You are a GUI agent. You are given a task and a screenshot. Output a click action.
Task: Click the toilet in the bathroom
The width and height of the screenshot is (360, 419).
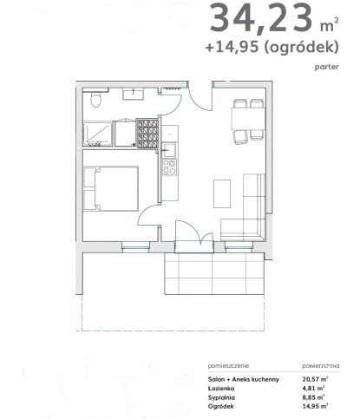[95, 100]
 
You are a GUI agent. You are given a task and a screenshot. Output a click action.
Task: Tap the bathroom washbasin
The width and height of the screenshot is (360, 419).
[133, 95]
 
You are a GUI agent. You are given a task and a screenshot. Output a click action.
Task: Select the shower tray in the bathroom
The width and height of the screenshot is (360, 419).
[98, 134]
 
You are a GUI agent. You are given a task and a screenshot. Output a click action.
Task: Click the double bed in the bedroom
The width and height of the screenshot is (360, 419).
[111, 188]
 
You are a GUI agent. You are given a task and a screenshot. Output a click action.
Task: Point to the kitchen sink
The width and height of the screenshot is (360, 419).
[168, 150]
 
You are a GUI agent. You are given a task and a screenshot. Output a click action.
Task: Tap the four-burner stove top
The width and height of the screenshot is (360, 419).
[169, 167]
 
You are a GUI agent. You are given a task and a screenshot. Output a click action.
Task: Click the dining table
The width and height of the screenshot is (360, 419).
[248, 119]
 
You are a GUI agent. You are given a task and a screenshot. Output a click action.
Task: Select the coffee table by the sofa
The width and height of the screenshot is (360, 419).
[222, 193]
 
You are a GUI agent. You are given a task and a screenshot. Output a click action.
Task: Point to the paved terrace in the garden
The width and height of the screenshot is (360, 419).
[214, 273]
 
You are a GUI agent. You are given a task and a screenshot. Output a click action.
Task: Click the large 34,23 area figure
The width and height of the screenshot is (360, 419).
[261, 18]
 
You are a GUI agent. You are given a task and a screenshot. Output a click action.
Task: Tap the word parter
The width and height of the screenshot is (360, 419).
[327, 67]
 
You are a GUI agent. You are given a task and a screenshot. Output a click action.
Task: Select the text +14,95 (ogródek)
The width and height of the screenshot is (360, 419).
[272, 47]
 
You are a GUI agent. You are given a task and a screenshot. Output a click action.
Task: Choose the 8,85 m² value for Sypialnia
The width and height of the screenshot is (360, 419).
[313, 397]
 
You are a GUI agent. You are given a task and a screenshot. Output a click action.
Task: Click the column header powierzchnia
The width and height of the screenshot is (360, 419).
[321, 366]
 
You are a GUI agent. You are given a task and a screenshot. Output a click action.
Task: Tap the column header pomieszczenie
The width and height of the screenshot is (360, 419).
[228, 366]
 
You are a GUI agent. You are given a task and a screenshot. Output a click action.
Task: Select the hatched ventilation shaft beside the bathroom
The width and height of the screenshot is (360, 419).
[147, 134]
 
